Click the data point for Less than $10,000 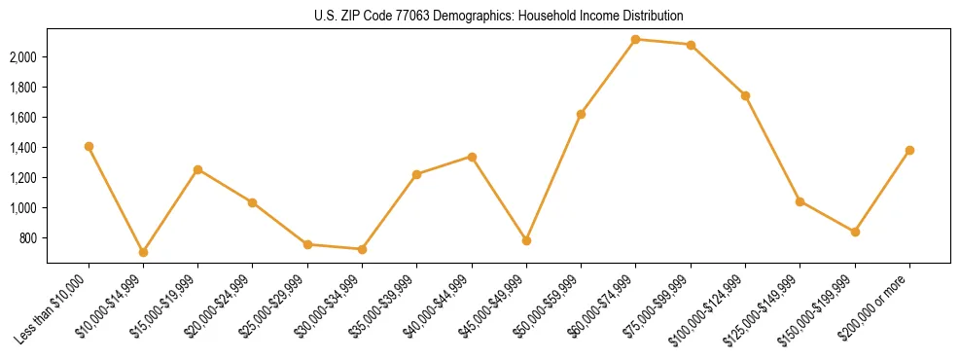tap(89, 146)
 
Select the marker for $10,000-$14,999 tap(143, 252)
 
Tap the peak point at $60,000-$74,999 tap(635, 39)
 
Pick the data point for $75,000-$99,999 tap(691, 45)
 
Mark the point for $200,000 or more tap(909, 150)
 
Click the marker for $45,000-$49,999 tap(526, 240)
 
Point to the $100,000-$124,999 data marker tap(745, 95)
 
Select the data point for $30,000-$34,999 tap(362, 249)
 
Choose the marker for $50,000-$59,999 tap(581, 114)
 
